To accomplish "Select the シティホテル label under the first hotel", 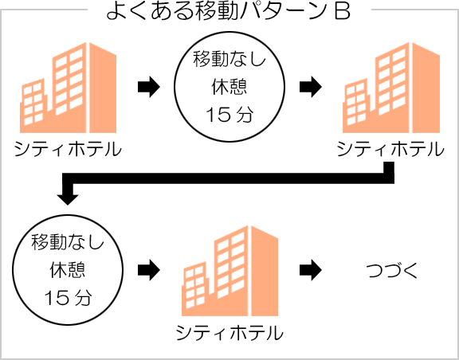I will (68, 150).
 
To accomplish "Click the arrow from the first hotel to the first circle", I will (148, 87).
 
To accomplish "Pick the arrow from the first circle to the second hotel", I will (308, 87).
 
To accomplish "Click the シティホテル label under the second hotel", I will (390, 150).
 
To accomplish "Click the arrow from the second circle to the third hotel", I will (148, 270).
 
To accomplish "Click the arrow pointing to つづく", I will (308, 270).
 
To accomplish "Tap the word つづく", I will (392, 271).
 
